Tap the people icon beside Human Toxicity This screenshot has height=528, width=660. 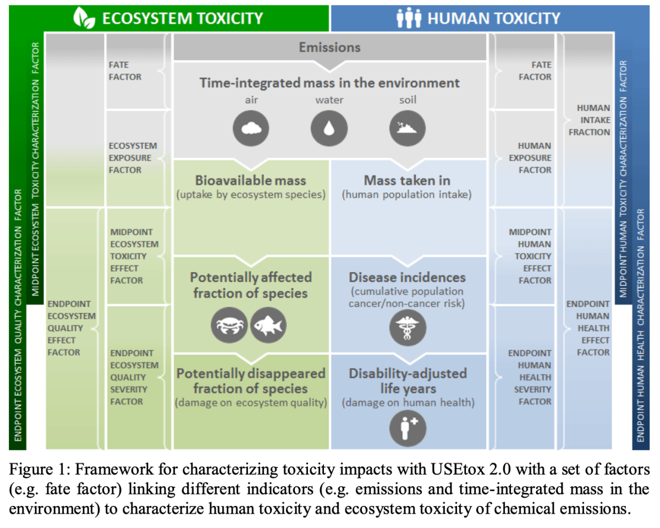click(x=409, y=18)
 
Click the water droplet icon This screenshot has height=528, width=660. click(x=329, y=128)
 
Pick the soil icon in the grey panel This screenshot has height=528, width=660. click(x=408, y=128)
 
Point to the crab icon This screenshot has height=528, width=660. click(x=229, y=325)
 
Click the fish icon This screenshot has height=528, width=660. click(x=268, y=325)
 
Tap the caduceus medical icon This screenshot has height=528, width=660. click(x=408, y=326)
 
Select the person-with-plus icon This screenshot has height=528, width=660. click(x=408, y=428)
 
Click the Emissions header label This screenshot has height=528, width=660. click(x=329, y=47)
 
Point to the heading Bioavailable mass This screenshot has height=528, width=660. click(x=251, y=181)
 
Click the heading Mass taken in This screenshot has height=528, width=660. click(x=407, y=181)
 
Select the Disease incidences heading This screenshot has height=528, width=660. click(x=407, y=277)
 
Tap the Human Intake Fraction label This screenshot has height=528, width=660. click(x=589, y=120)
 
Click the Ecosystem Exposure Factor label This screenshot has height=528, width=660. click(x=133, y=158)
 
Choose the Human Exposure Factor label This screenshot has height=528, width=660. click(x=534, y=158)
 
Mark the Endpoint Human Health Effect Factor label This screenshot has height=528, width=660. click(x=589, y=328)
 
